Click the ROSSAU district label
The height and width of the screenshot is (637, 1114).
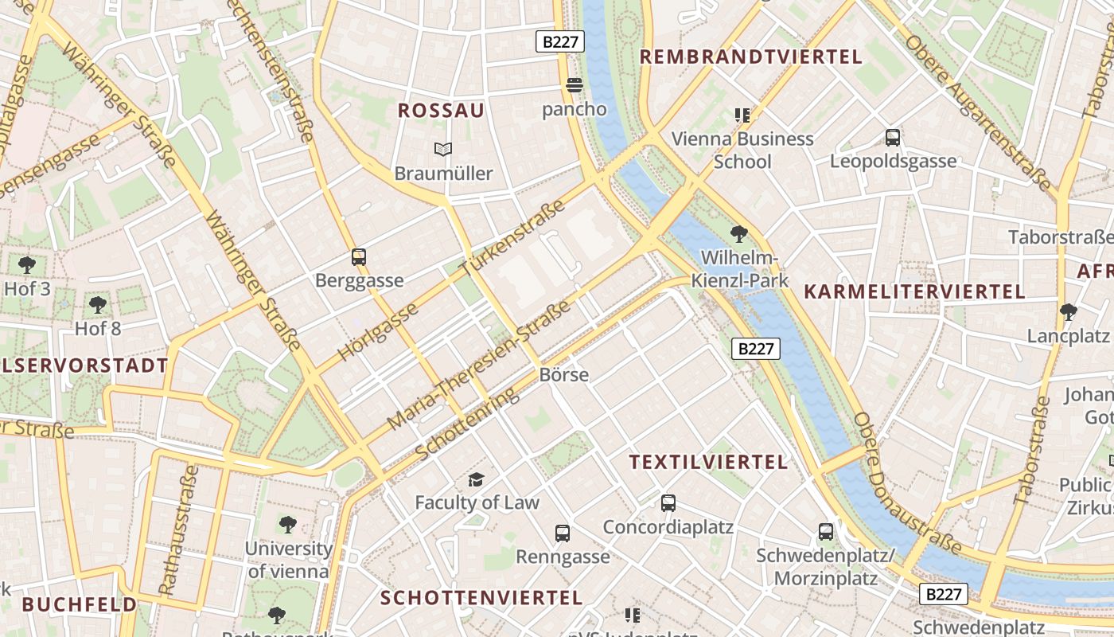[x=441, y=111]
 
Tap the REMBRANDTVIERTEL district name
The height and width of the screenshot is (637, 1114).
[x=750, y=57]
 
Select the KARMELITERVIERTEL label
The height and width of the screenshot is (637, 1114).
[x=914, y=291]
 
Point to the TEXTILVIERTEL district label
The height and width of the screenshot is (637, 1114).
[x=708, y=462]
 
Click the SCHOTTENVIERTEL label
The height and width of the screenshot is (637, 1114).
[x=481, y=597]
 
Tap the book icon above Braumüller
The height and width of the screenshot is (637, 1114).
[x=443, y=149]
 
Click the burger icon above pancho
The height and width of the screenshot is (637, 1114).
[x=575, y=85]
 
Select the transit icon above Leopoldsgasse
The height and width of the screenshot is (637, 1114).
[x=893, y=138]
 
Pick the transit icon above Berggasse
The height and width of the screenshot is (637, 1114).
[x=359, y=257]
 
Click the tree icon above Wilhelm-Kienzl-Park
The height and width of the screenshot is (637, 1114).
[x=739, y=234]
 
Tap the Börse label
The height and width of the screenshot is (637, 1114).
[x=563, y=374]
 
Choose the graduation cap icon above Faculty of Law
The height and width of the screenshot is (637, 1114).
[x=476, y=479]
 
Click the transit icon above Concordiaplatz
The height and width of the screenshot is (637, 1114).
[x=668, y=503]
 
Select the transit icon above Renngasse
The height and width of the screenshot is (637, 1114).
[x=563, y=533]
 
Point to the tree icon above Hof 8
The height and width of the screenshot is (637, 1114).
[x=98, y=304]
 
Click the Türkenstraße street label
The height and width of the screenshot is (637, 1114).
[x=512, y=238]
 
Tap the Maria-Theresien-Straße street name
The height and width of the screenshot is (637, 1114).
[x=479, y=365]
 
